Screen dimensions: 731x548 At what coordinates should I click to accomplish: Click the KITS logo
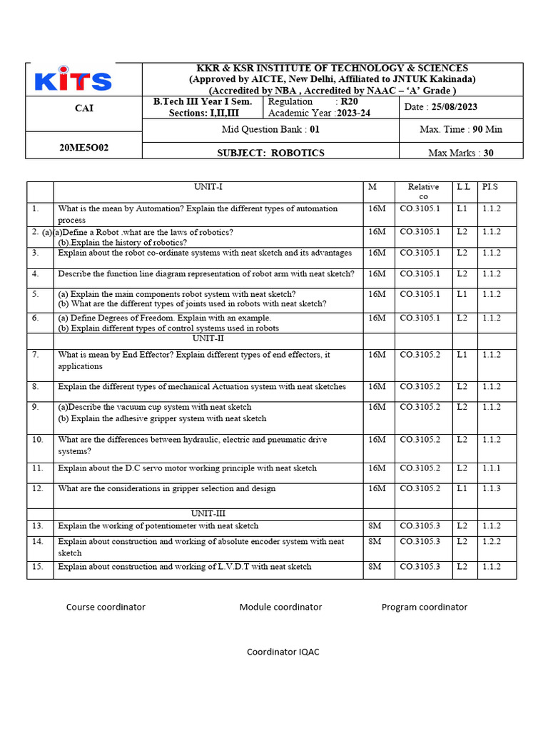click(73, 80)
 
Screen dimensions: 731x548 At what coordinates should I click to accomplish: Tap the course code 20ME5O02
click(83, 148)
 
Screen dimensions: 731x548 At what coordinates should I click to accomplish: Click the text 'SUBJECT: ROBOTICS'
click(270, 153)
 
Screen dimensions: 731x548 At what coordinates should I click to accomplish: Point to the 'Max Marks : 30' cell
click(460, 153)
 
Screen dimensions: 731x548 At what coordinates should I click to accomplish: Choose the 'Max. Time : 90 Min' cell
click(460, 130)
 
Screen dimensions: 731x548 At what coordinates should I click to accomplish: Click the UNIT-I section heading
click(208, 187)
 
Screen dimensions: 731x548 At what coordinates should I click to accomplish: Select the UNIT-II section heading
click(208, 338)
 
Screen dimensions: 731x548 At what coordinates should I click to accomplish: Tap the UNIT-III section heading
click(208, 513)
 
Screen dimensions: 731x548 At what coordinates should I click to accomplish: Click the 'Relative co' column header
click(423, 191)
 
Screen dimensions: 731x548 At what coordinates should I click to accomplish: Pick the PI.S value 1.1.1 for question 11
click(491, 468)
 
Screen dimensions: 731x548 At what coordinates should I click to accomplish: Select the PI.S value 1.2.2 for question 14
click(491, 542)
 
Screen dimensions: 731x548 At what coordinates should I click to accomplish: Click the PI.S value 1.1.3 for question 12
click(491, 489)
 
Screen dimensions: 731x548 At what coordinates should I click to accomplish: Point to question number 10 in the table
click(38, 440)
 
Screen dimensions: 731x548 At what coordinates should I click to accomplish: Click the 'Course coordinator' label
click(106, 608)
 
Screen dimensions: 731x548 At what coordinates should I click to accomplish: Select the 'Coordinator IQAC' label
click(283, 652)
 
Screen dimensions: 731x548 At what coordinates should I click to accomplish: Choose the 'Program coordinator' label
click(425, 608)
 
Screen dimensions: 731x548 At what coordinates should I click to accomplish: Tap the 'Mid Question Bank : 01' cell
click(270, 130)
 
